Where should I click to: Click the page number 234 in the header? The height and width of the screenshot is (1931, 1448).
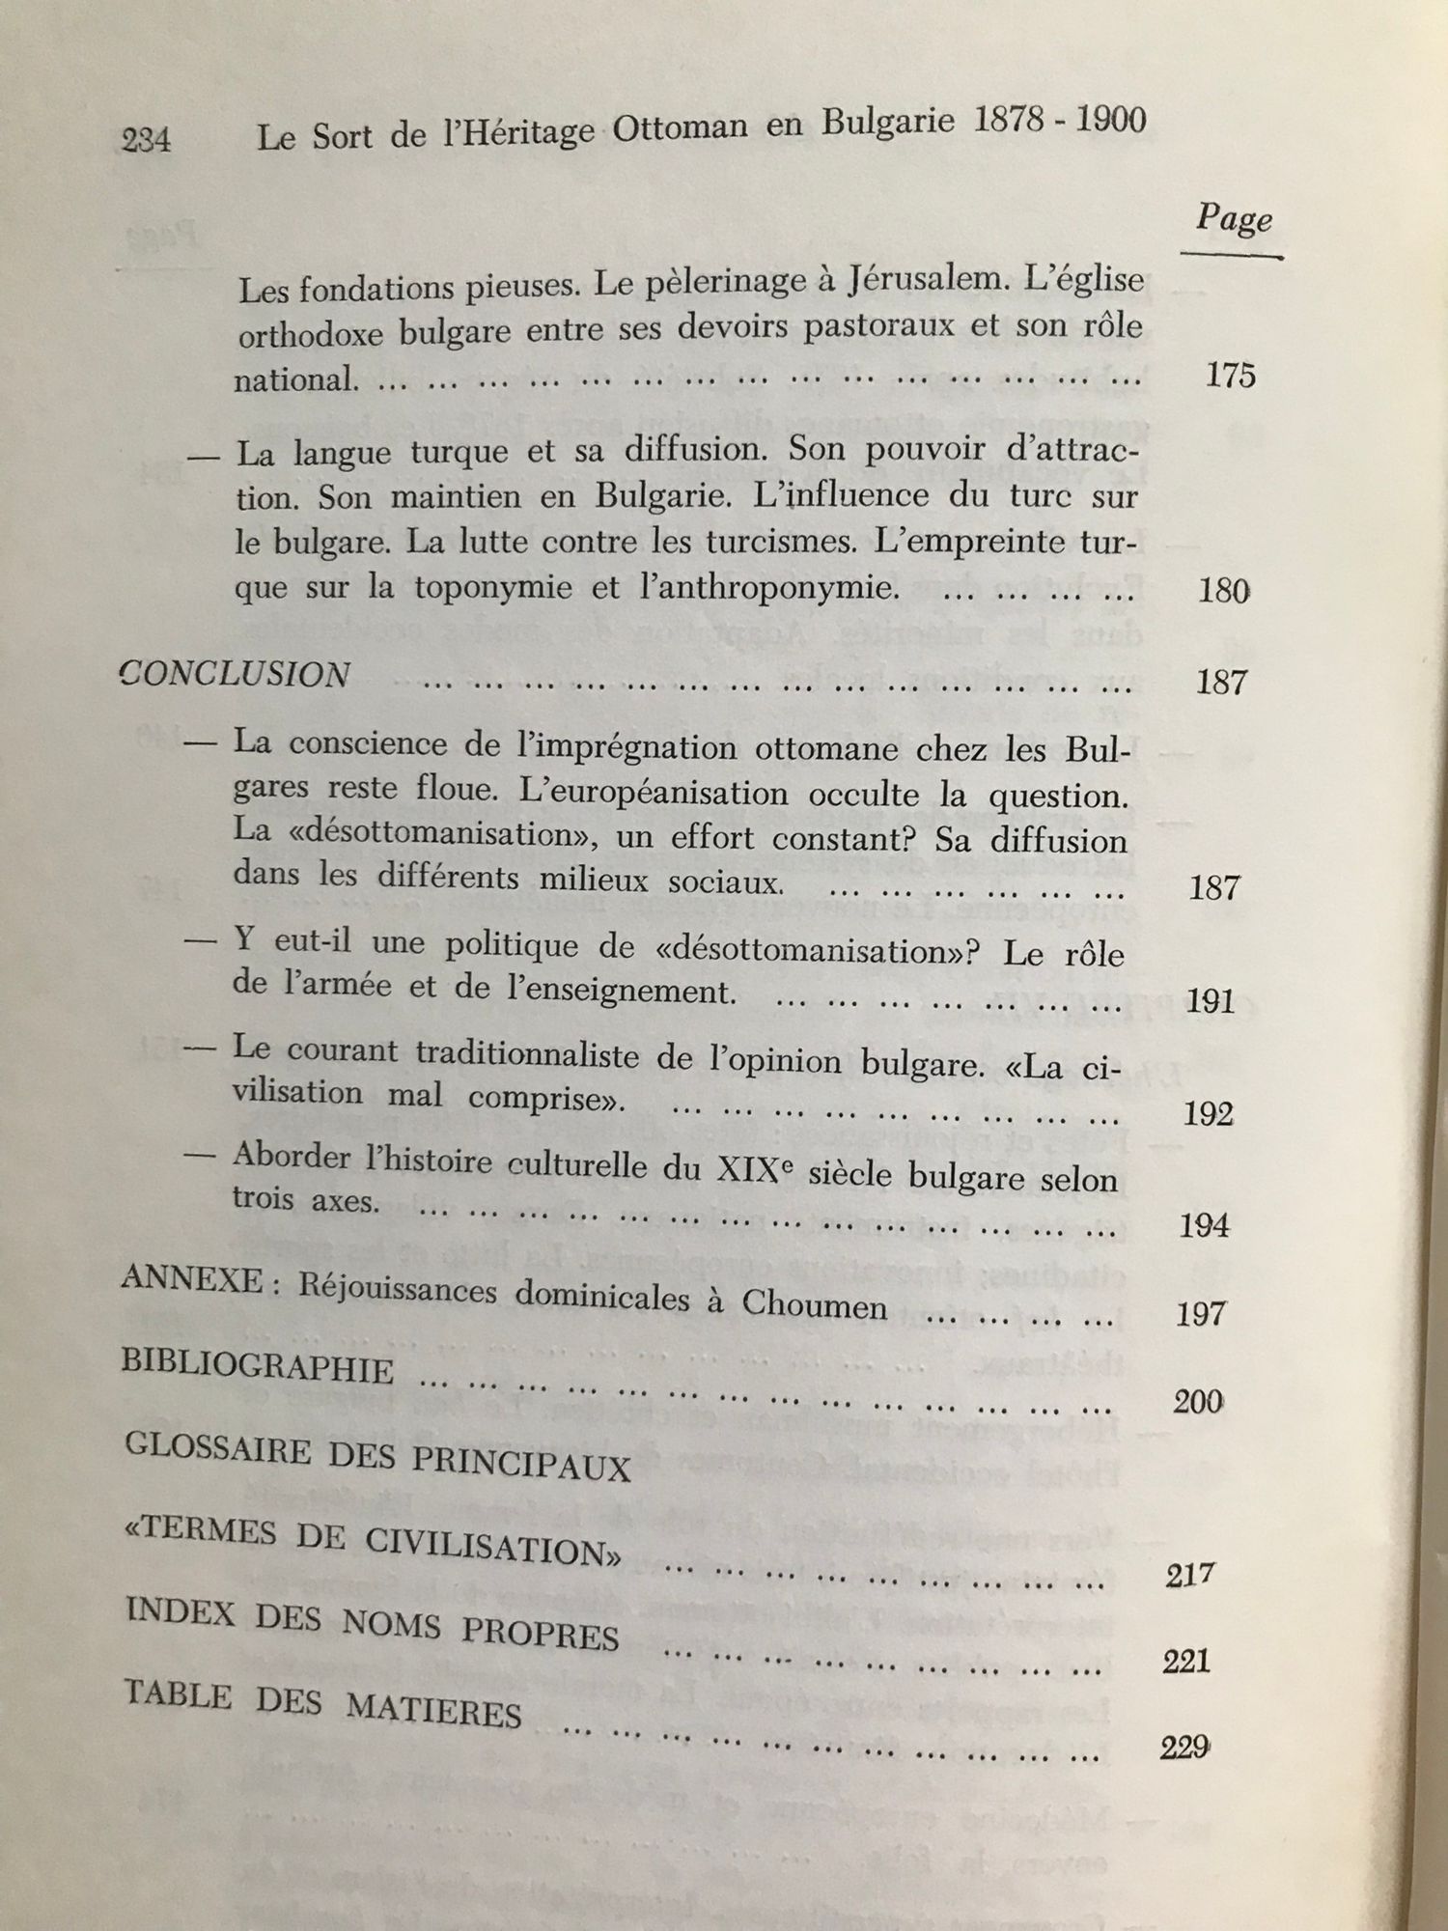tap(146, 141)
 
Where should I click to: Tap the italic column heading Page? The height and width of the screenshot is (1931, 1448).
tap(1233, 219)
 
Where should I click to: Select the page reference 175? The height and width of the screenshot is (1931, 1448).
tap(1230, 375)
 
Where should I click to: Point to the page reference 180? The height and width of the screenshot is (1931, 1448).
tap(1223, 590)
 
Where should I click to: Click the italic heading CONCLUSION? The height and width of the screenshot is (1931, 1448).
tap(234, 675)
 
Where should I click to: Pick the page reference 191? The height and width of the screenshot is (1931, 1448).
tap(1211, 1000)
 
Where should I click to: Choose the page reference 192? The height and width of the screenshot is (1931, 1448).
tap(1208, 1114)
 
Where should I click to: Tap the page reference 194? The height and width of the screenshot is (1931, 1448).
tap(1204, 1226)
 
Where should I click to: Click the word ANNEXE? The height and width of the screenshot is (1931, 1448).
tap(192, 1280)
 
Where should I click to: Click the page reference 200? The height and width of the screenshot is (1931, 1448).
tap(1198, 1401)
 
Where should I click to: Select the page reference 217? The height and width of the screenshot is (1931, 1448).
tap(1189, 1576)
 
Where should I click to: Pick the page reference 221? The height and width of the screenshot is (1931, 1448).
tap(1186, 1662)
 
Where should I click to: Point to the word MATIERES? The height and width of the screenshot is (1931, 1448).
tap(433, 1711)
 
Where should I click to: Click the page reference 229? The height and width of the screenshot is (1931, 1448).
tap(1183, 1748)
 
